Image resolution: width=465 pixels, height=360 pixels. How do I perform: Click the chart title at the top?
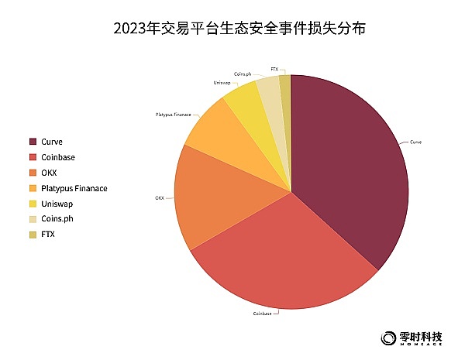[232, 29]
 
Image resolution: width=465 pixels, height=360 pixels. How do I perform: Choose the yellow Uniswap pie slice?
[244, 101]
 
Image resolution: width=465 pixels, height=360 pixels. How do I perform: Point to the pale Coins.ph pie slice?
[269, 89]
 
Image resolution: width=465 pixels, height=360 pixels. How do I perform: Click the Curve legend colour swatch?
[33, 142]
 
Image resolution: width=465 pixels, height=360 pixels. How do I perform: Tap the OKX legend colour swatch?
[33, 173]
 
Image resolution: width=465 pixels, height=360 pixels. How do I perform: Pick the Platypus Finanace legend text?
[74, 188]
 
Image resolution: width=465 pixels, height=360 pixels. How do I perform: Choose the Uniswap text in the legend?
[58, 204]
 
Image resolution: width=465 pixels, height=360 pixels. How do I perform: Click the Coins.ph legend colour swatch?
[33, 219]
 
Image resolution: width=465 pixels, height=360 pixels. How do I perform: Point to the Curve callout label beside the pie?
[416, 142]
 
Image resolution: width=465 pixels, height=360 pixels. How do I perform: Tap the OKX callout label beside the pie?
[160, 197]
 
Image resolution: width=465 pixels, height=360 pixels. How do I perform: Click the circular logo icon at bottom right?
[388, 338]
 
